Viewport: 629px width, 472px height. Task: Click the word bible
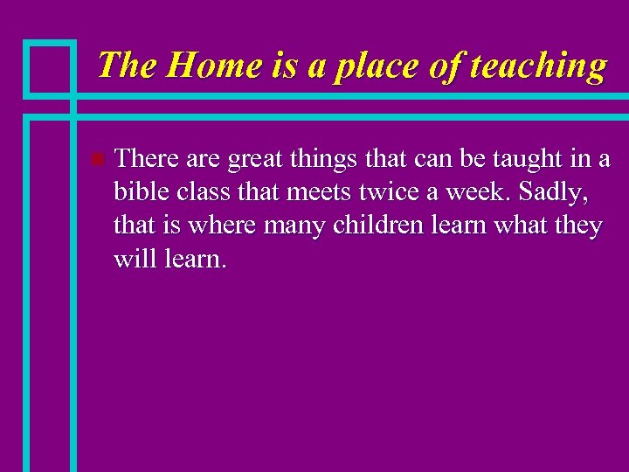(x=141, y=192)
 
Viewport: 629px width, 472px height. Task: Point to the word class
(x=200, y=192)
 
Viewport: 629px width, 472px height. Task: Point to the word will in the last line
(x=134, y=259)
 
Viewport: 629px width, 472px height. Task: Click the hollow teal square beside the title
(x=50, y=67)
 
